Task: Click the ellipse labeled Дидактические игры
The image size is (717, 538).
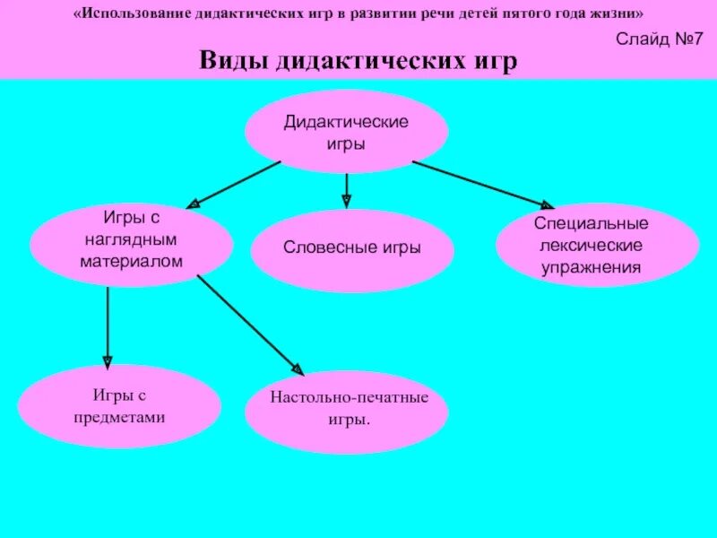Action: pyautogui.click(x=346, y=131)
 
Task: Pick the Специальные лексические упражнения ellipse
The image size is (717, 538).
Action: pyautogui.click(x=597, y=244)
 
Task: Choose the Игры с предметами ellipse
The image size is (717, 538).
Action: pyautogui.click(x=119, y=406)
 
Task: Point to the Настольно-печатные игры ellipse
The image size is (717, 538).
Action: pyautogui.click(x=346, y=408)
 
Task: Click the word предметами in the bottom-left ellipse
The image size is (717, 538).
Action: pyautogui.click(x=119, y=417)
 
